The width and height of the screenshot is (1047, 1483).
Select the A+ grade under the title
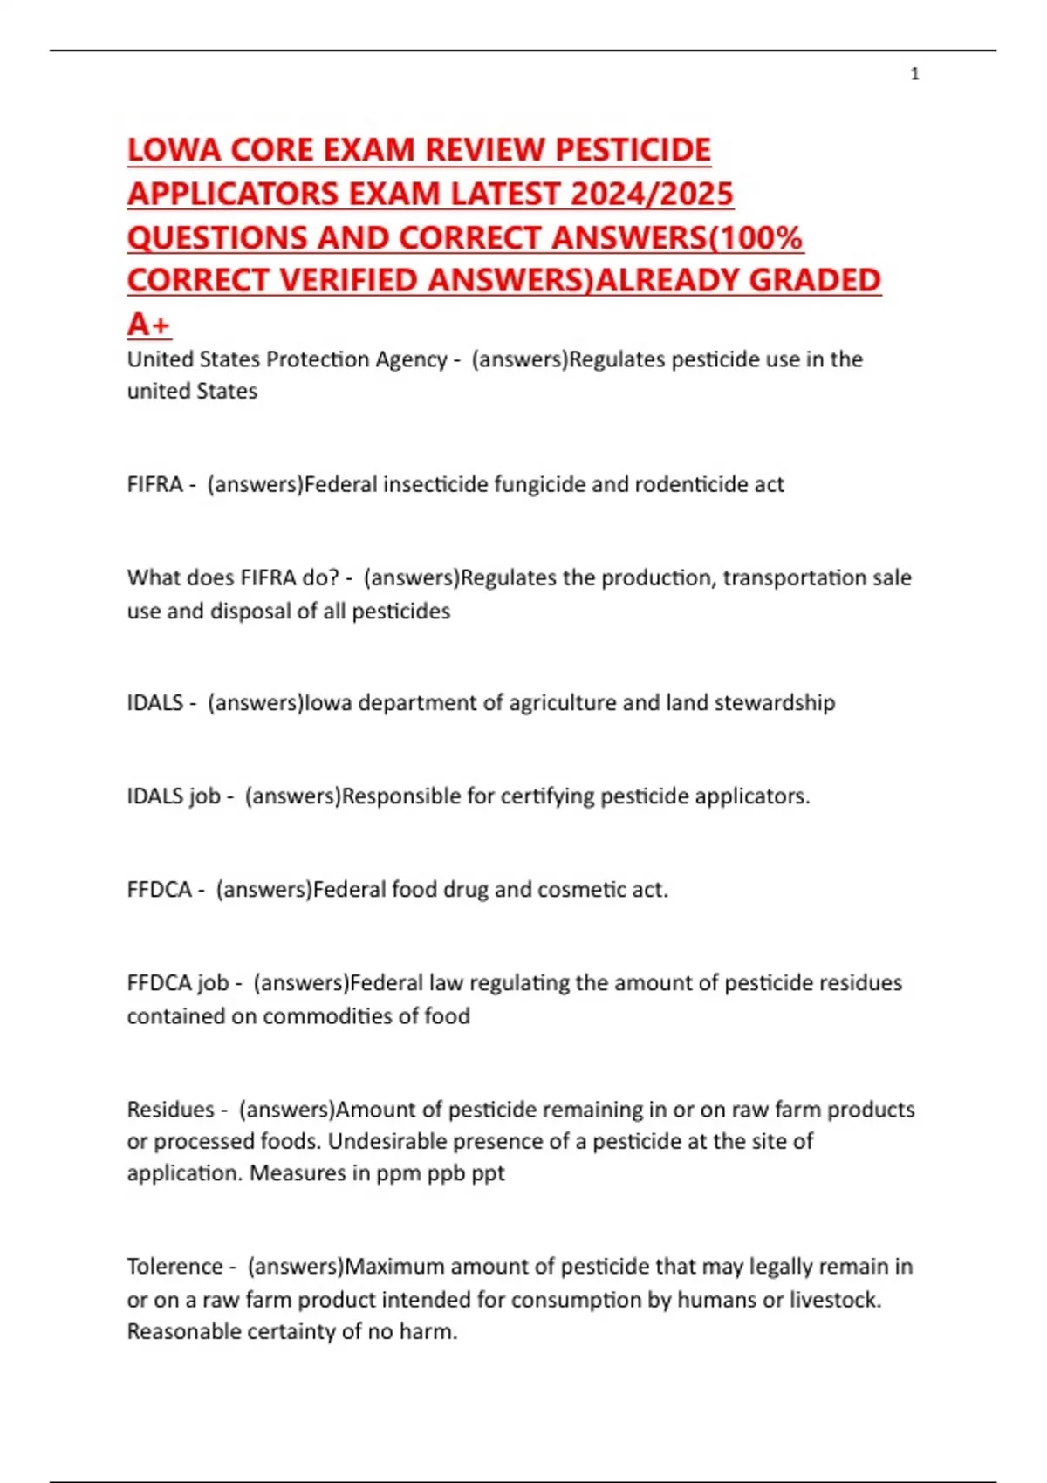(x=149, y=325)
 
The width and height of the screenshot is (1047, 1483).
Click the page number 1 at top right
(x=914, y=74)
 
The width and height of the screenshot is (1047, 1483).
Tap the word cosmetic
(x=582, y=889)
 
